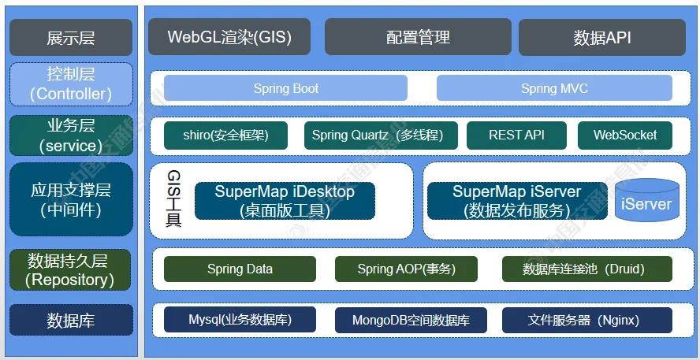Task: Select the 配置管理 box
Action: coord(417,37)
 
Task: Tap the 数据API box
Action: coord(602,37)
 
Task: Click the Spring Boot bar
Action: coord(285,88)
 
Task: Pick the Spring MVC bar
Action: coord(554,88)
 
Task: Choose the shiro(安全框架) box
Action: coord(225,135)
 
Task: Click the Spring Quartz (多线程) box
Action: coord(383,135)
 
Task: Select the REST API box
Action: coord(516,135)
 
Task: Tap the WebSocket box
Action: coord(625,135)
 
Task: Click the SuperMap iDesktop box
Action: coord(285,201)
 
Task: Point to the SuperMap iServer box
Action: coord(517,201)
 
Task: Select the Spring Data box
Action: coord(240,269)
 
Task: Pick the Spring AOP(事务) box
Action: coord(406,269)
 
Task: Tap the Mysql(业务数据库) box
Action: coord(240,320)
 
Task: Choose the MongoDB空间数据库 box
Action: coord(411,320)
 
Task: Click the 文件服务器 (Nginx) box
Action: coord(583,320)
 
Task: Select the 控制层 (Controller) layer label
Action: coord(71,84)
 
